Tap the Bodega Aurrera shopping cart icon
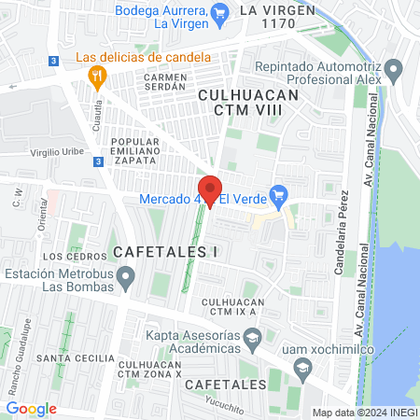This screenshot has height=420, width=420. click(220, 13)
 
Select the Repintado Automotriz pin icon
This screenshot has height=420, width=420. click(394, 68)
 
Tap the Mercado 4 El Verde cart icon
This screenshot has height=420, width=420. click(277, 196)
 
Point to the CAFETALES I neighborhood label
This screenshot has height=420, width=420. click(164, 252)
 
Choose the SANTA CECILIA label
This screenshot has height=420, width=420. click(66, 357)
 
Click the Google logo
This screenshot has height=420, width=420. click(31, 409)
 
